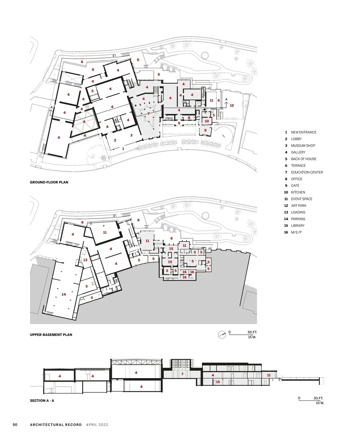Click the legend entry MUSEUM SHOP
[303, 145]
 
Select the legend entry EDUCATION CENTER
[307, 172]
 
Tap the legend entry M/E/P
[296, 232]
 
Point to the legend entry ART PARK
[299, 205]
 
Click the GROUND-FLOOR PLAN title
[49, 182]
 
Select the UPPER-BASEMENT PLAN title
[51, 335]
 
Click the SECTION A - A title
[42, 400]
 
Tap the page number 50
[15, 424]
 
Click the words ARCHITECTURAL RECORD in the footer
[56, 425]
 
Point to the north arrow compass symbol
[222, 334]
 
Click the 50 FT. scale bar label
[252, 332]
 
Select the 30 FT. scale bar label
[318, 398]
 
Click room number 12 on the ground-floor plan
[232, 105]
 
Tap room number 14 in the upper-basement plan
[64, 294]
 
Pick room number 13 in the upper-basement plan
[85, 260]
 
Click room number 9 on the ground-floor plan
[205, 130]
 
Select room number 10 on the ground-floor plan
[207, 121]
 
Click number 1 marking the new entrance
[123, 149]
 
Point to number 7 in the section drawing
[182, 374]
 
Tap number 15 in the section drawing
[218, 382]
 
